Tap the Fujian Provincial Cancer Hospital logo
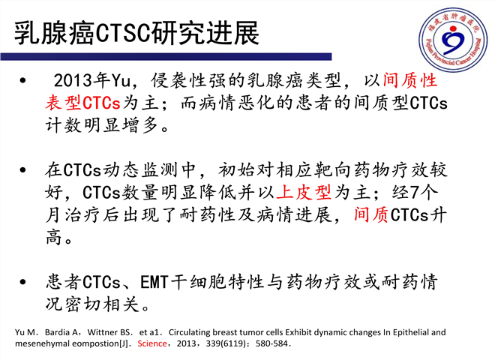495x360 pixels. point(453,40)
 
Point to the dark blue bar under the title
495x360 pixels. point(166,56)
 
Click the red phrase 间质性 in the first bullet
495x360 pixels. point(410,80)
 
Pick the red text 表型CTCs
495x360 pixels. point(82,103)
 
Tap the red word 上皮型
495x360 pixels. point(304,192)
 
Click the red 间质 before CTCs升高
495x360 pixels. point(370,215)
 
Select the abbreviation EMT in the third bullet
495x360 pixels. point(154,282)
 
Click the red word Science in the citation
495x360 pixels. point(151,343)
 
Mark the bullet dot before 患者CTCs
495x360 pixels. point(22,282)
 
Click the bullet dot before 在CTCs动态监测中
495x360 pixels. point(22,170)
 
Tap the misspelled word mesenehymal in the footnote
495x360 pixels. point(42,344)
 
